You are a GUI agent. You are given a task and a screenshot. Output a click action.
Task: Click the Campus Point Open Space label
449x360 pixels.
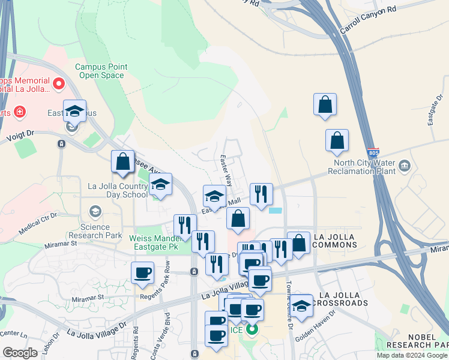[100, 71]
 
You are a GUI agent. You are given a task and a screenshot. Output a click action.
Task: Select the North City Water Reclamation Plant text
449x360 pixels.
[362, 166]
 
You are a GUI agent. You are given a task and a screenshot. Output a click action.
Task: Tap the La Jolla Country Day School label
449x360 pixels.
[118, 190]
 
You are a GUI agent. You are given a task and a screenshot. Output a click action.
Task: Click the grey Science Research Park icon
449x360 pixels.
[95, 211]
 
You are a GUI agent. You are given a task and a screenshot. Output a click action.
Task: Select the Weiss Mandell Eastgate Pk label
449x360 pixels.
[154, 242]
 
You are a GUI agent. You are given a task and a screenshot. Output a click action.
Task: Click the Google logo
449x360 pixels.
[20, 353]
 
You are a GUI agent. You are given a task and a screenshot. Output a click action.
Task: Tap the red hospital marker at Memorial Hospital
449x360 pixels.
[59, 84]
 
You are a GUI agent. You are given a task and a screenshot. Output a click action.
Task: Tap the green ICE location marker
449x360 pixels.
[253, 329]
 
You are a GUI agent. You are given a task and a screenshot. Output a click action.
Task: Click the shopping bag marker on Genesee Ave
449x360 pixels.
[122, 162]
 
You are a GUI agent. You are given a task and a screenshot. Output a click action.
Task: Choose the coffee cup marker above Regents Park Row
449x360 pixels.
[143, 273]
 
